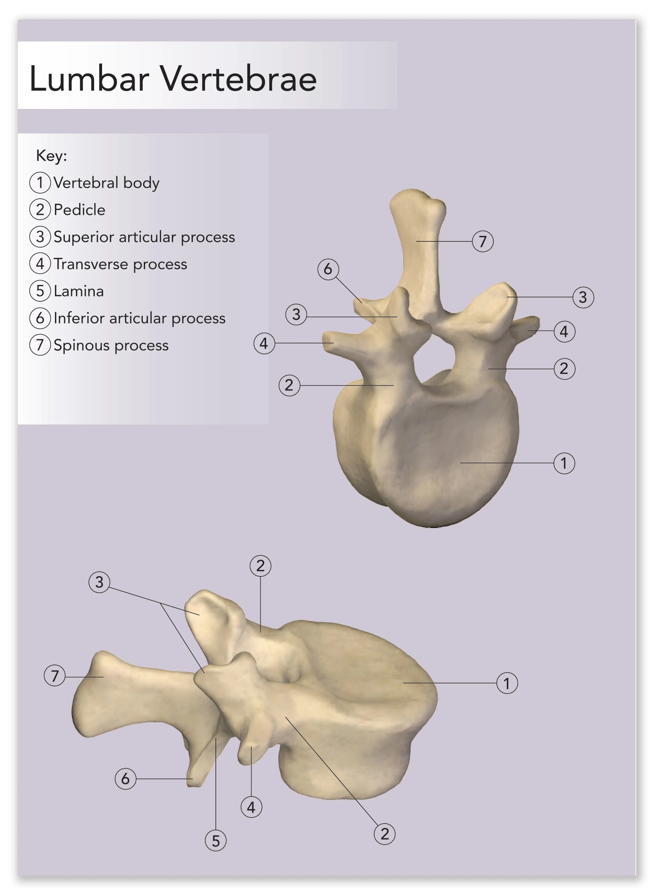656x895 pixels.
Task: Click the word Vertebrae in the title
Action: [x=238, y=79]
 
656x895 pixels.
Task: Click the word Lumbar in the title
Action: [x=89, y=79]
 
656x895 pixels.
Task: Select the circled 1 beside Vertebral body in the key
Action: [x=40, y=183]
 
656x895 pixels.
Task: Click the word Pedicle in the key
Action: [x=80, y=210]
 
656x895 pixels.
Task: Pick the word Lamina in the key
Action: [x=79, y=291]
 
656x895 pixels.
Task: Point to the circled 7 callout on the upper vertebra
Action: [x=483, y=241]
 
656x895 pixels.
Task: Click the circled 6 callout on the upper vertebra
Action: [x=328, y=269]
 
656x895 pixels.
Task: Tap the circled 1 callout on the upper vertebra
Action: [x=564, y=463]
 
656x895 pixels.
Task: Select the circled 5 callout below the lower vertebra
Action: [x=216, y=841]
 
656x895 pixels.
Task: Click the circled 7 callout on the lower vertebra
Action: [x=54, y=675]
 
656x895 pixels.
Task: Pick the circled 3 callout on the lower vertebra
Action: [x=99, y=582]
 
